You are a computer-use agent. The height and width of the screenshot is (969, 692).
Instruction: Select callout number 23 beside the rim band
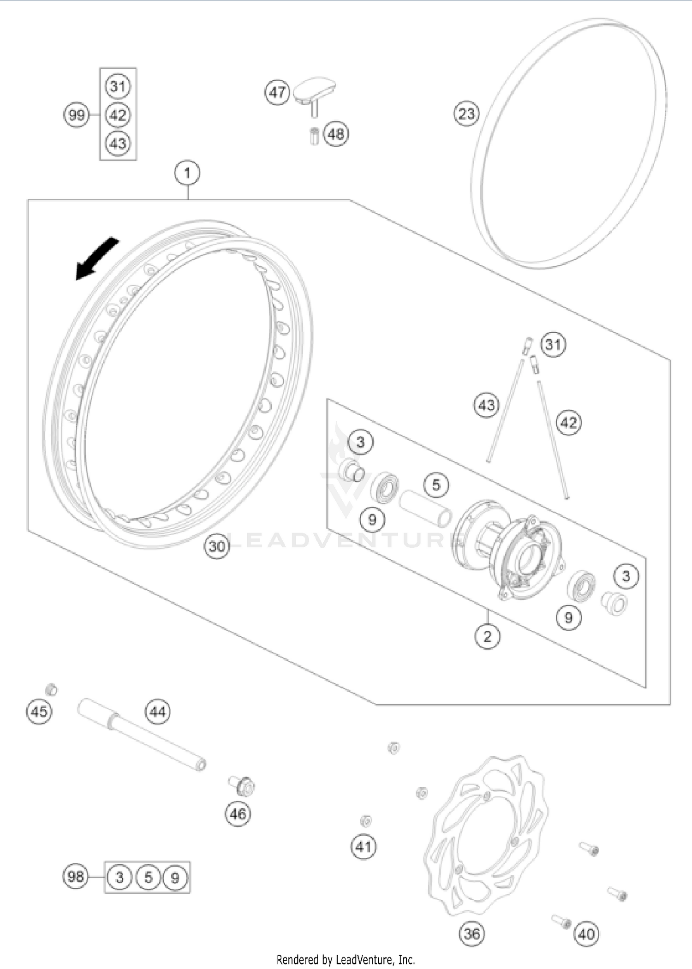click(x=466, y=114)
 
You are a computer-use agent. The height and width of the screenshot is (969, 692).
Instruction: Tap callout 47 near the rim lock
click(x=277, y=92)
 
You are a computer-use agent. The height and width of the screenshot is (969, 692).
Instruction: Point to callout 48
click(x=336, y=134)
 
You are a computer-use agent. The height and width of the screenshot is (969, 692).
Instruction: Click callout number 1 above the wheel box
click(x=187, y=173)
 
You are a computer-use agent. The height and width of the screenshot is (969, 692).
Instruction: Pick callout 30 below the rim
click(x=217, y=546)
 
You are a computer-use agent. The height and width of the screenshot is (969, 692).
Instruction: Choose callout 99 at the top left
click(x=76, y=114)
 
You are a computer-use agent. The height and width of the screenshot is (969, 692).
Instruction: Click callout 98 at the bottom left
click(x=76, y=876)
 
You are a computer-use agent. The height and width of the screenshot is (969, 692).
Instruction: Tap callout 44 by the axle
click(x=158, y=712)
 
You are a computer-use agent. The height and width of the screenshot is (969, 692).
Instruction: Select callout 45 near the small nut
click(x=39, y=712)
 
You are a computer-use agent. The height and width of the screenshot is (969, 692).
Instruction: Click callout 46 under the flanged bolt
click(x=238, y=813)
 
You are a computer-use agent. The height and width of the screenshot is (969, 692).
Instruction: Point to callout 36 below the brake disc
click(x=471, y=933)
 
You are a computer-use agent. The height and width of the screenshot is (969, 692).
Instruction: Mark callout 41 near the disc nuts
click(x=364, y=847)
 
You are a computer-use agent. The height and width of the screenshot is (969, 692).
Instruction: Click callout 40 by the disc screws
click(x=586, y=934)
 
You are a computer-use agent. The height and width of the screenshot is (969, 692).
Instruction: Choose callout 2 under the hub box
click(x=487, y=637)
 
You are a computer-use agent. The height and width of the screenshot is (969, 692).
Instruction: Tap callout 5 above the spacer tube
click(x=436, y=485)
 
